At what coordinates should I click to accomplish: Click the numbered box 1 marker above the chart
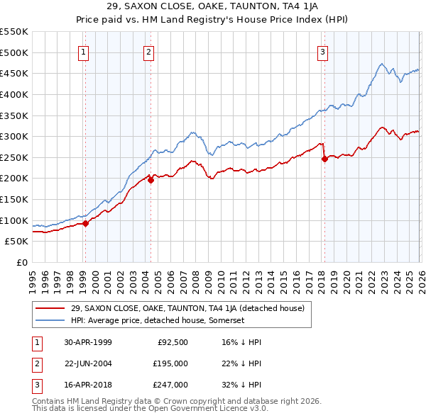tap(84, 52)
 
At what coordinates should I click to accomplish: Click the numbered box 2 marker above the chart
tap(148, 52)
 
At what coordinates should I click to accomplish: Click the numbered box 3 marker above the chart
tap(322, 52)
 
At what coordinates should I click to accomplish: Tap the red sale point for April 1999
tap(86, 223)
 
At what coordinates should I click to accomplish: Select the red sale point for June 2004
tap(151, 180)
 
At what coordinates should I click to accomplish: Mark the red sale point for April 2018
tap(324, 159)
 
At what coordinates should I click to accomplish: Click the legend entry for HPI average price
tap(158, 320)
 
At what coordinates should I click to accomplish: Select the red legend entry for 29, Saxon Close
tap(187, 308)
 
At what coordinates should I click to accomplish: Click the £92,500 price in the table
tap(173, 342)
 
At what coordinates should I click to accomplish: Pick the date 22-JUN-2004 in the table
tap(88, 363)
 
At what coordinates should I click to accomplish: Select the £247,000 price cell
tap(170, 385)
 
